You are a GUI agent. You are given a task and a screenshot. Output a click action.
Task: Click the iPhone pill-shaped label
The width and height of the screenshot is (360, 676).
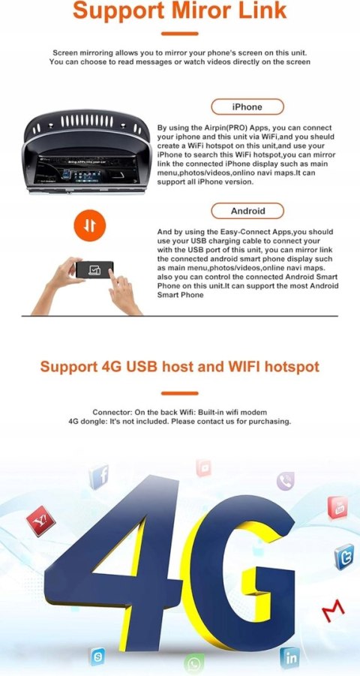(247, 107)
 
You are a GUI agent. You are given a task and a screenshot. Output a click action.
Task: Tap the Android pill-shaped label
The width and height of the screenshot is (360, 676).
(247, 211)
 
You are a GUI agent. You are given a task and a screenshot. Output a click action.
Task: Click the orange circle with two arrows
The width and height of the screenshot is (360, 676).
(90, 226)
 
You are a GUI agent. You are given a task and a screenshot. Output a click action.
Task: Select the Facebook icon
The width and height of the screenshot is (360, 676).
(99, 477)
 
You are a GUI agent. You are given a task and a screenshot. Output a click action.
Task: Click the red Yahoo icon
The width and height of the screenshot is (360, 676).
(41, 521)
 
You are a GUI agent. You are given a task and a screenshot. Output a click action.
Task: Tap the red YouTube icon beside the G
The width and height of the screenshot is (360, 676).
(337, 507)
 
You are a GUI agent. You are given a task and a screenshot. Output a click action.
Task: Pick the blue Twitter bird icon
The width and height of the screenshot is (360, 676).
(344, 557)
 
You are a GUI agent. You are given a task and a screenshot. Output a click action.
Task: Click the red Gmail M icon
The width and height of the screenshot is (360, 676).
(333, 608)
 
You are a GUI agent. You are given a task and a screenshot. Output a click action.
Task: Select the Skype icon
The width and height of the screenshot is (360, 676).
(97, 656)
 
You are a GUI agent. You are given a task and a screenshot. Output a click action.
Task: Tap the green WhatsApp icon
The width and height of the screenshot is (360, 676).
(194, 663)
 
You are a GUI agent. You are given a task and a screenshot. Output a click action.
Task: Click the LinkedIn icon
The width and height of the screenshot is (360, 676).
(289, 658)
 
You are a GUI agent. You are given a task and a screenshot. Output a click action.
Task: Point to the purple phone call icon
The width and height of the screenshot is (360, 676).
(286, 481)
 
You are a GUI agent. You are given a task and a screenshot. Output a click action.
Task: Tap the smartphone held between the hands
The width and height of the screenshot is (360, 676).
(94, 270)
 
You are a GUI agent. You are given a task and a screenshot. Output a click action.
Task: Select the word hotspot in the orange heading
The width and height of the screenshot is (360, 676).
(292, 367)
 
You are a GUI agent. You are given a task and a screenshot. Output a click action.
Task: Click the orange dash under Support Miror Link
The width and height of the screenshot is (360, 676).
(180, 34)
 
